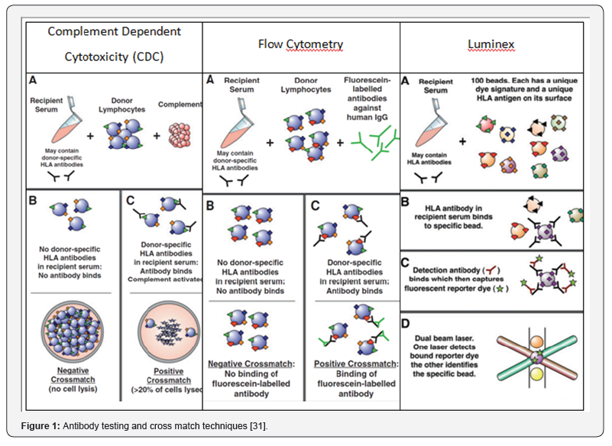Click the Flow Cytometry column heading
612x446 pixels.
[300, 44]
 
